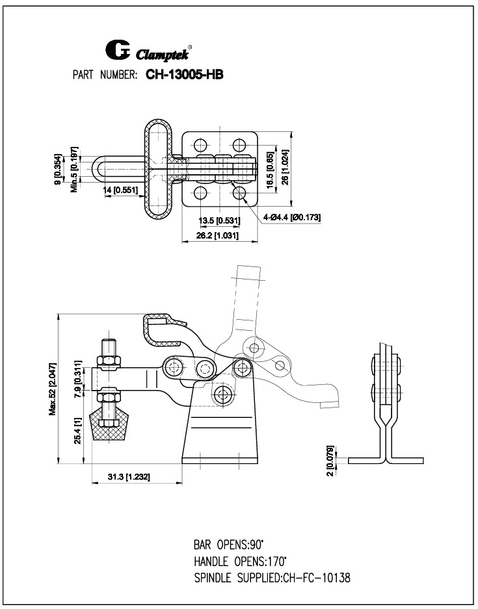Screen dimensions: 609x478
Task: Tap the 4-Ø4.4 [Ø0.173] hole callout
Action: [292, 216]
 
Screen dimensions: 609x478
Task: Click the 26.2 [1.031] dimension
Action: [218, 236]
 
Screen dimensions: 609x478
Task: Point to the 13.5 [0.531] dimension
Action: [217, 220]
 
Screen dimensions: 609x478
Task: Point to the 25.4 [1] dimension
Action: [79, 430]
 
